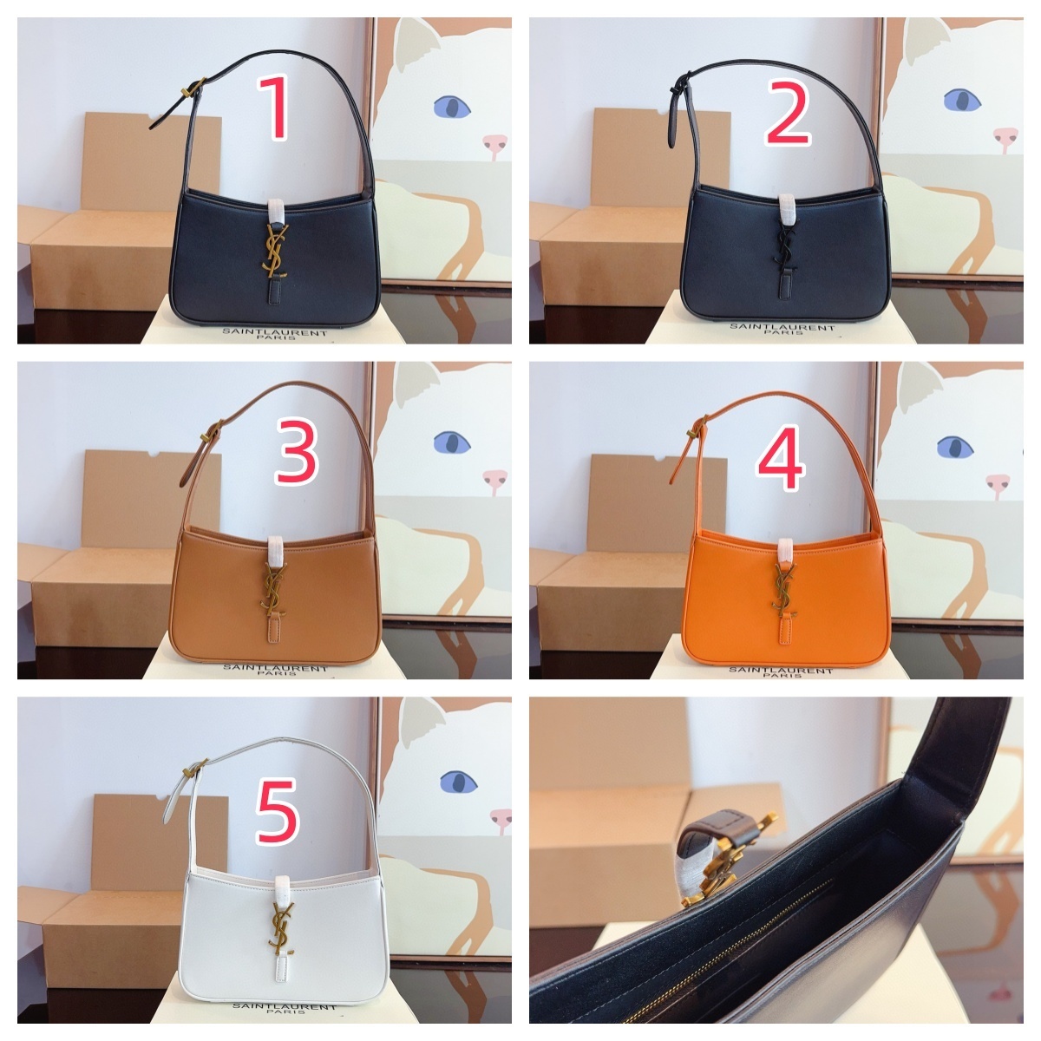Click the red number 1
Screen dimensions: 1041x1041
pos(274,108)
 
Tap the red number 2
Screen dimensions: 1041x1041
pos(789,113)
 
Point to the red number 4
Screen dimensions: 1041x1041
pos(782,457)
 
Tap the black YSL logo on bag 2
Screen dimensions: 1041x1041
pos(786,251)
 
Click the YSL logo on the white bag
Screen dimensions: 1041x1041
pos(281,930)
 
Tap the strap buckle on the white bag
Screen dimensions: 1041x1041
pos(194,768)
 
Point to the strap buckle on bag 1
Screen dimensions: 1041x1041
pos(193,88)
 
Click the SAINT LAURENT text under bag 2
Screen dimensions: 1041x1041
pos(782,327)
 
